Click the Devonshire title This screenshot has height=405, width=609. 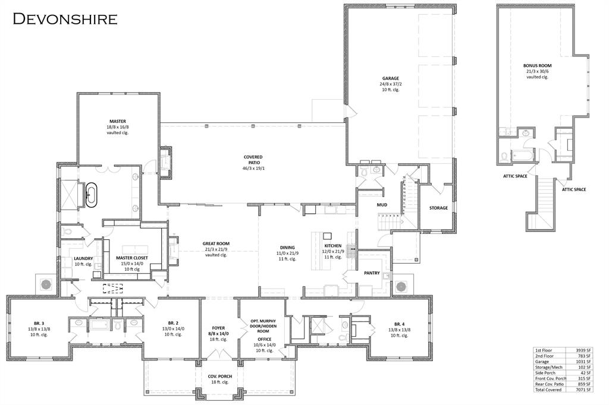click(65, 18)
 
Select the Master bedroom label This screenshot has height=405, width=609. click(117, 121)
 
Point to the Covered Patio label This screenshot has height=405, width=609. click(253, 157)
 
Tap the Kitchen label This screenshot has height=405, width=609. click(332, 246)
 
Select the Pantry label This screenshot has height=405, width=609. click(372, 273)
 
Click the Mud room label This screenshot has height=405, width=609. click(382, 205)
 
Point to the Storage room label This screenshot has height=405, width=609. click(439, 208)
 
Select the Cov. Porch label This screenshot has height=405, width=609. click(219, 376)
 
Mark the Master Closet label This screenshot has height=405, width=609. click(132, 258)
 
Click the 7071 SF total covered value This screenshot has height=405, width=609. click(584, 390)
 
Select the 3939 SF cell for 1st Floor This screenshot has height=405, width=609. click(584, 350)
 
